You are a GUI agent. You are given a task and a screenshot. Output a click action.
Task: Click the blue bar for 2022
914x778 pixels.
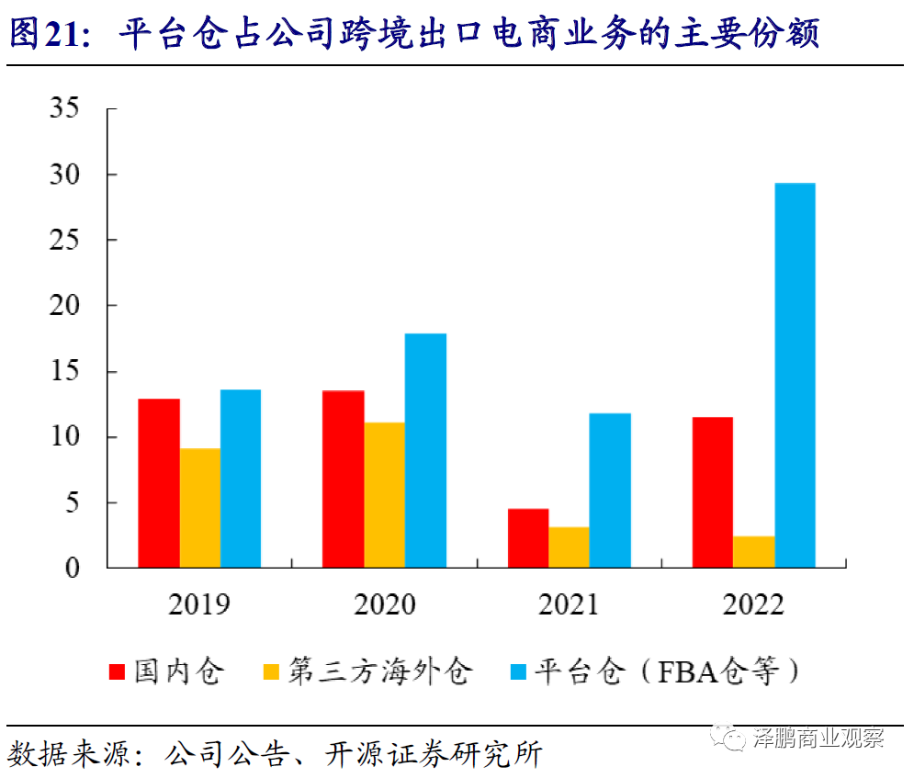coord(795,375)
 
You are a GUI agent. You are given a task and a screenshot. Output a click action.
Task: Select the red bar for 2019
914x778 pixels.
coord(159,482)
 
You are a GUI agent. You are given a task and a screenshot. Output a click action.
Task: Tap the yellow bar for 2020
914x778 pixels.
coord(385,494)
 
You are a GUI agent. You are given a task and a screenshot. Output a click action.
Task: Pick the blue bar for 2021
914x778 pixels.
coord(610,490)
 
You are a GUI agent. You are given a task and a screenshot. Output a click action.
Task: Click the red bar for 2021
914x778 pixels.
coord(528,537)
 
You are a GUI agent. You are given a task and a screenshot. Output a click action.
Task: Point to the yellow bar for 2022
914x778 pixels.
coord(753,551)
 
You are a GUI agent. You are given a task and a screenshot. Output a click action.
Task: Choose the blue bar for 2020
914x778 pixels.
coord(425,450)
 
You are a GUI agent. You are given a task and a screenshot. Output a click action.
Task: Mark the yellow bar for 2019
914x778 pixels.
coord(200,507)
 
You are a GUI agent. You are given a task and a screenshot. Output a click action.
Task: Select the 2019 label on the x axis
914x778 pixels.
coord(199,604)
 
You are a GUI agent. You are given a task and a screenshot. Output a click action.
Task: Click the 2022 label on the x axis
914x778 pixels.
coord(753,604)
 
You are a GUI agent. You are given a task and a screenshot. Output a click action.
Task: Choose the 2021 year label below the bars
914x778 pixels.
coord(568,604)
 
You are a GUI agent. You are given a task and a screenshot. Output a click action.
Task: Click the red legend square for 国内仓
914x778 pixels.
coord(118,671)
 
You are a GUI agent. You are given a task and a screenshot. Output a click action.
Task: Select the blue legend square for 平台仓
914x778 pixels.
coord(517,671)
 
